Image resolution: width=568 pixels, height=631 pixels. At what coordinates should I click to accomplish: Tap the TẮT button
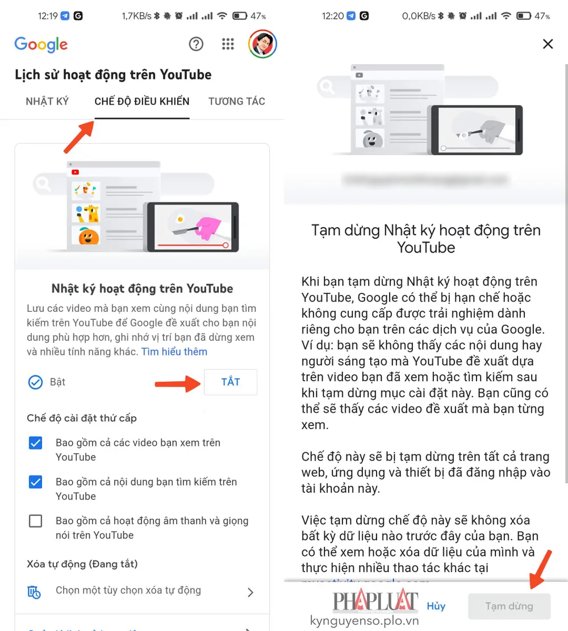click(x=230, y=382)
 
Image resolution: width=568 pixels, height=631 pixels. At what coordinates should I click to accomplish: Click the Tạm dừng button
click(x=509, y=606)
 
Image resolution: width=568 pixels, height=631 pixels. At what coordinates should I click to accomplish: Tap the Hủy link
click(x=436, y=606)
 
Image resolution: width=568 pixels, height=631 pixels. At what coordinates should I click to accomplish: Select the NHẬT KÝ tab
click(x=47, y=102)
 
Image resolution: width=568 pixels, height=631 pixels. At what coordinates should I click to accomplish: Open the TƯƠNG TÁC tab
click(x=236, y=102)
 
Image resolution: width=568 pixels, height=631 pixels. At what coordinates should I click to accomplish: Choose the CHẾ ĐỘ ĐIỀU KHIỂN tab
click(x=142, y=102)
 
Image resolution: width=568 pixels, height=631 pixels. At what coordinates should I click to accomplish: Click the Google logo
click(x=41, y=44)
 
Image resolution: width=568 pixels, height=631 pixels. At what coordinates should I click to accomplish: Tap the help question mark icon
click(x=196, y=44)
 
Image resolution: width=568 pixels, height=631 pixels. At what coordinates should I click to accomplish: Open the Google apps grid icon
click(x=228, y=44)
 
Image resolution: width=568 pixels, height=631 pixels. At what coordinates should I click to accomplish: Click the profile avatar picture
click(x=262, y=44)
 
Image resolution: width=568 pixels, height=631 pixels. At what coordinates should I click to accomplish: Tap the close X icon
click(x=548, y=44)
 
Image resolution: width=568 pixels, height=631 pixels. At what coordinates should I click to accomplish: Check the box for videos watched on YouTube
click(x=35, y=443)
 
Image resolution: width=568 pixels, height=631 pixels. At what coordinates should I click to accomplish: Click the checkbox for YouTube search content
click(x=35, y=482)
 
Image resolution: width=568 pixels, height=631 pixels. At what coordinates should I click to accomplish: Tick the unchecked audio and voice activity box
click(x=35, y=521)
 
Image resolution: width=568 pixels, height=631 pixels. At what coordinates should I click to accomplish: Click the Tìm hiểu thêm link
click(x=174, y=352)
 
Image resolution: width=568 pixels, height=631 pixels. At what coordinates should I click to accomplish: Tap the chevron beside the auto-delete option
click(x=250, y=592)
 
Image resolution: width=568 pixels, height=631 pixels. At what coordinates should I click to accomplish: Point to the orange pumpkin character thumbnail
click(x=89, y=236)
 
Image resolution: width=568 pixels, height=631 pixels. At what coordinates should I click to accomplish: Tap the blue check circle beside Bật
click(x=35, y=382)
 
